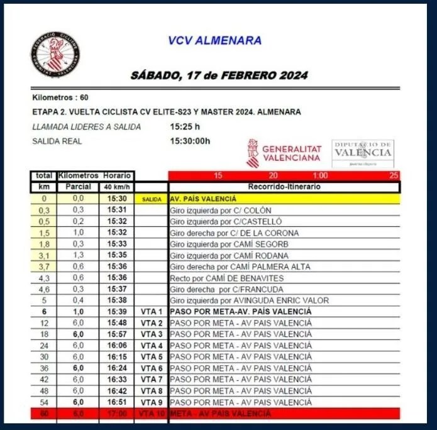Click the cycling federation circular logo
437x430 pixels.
pyautogui.click(x=55, y=55)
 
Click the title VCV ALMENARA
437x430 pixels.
pyautogui.click(x=215, y=41)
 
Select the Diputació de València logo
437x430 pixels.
pyautogui.click(x=363, y=153)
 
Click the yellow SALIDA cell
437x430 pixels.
pyautogui.click(x=152, y=199)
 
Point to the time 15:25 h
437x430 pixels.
pyautogui.click(x=185, y=127)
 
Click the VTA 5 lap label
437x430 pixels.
pyautogui.click(x=152, y=357)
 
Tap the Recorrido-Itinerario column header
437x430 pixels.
pyautogui.click(x=284, y=187)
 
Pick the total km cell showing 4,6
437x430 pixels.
pyautogui.click(x=44, y=289)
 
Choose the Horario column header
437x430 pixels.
pyautogui.click(x=116, y=175)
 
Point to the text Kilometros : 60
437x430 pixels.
pyautogui.click(x=60, y=97)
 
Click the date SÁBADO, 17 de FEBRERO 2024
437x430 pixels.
pyautogui.click(x=219, y=75)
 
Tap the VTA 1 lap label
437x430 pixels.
pyautogui.click(x=152, y=312)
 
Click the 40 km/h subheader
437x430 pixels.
pyautogui.click(x=116, y=187)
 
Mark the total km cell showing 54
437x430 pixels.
pyautogui.click(x=44, y=402)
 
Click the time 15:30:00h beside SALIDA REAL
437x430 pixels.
pyautogui.click(x=190, y=141)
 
